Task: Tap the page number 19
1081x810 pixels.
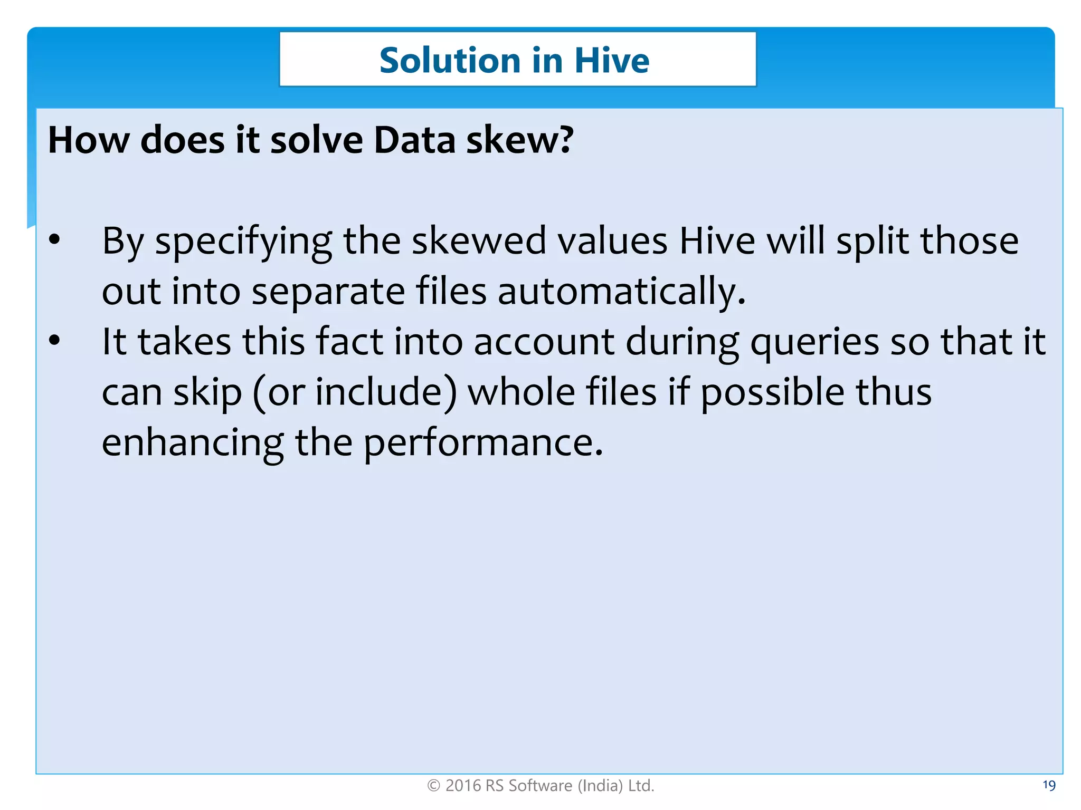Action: pos(1049,785)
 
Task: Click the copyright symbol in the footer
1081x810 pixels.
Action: pos(433,786)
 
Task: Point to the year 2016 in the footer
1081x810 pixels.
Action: pos(463,786)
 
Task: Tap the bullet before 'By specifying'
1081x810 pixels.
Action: pos(54,240)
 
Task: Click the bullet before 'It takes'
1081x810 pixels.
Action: pos(54,341)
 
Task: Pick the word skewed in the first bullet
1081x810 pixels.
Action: pos(478,241)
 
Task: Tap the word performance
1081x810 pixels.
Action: pos(483,443)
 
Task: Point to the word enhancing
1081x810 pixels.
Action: pos(193,443)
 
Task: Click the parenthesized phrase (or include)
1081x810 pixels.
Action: pos(354,393)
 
